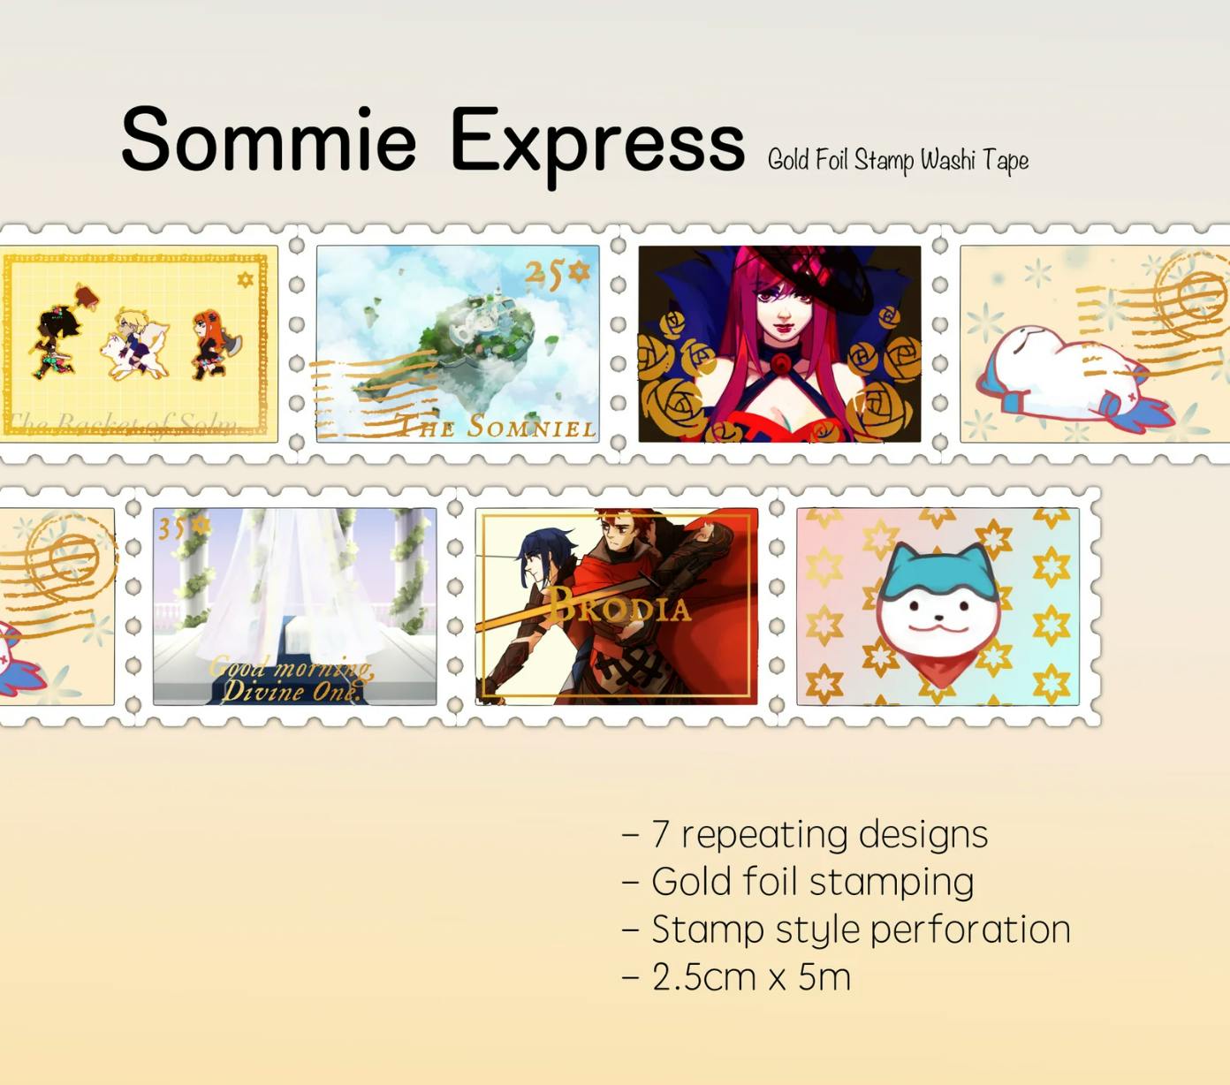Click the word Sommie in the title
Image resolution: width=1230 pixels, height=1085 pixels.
coord(268,140)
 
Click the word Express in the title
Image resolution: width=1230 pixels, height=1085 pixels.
coord(596,141)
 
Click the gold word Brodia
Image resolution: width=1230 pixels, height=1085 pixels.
coord(619,606)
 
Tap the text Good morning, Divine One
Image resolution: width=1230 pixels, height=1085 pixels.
coord(292,679)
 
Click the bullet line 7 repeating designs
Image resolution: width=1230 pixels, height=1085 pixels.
coord(805,834)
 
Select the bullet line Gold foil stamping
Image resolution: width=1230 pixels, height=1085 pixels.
coord(798,882)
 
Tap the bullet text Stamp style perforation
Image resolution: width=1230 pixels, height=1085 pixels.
coord(846,929)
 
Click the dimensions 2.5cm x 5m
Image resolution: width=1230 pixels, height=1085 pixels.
coord(736,977)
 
